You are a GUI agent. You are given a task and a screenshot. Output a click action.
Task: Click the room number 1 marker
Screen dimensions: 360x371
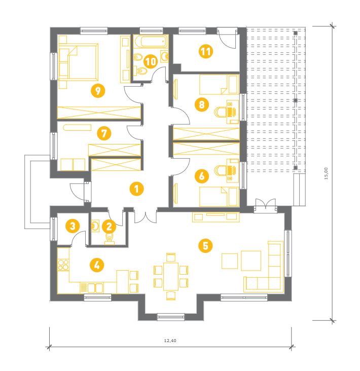(x=136, y=189)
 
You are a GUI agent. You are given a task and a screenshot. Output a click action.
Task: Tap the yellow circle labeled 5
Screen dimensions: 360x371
(x=205, y=246)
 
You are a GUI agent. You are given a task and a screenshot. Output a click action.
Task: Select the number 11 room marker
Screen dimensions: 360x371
(x=206, y=51)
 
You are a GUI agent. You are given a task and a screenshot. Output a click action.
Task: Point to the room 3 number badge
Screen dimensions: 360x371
(x=73, y=226)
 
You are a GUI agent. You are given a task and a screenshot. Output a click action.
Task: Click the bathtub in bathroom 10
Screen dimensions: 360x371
(x=151, y=42)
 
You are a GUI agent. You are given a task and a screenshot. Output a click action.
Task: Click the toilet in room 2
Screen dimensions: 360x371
(x=110, y=239)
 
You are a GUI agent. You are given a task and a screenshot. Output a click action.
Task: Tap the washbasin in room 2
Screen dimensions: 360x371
(x=95, y=226)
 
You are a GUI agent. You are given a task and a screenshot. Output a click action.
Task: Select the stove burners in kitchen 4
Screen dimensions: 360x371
(x=63, y=265)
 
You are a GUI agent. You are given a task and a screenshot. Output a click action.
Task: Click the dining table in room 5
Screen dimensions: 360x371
(x=171, y=276)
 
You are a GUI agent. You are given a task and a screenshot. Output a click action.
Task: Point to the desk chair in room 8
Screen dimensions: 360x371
(x=221, y=112)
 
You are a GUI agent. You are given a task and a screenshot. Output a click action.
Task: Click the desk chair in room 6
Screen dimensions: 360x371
(x=221, y=170)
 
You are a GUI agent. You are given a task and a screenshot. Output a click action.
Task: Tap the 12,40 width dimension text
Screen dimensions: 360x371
(x=170, y=341)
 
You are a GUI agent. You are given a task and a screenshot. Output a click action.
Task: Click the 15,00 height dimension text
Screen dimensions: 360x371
(x=326, y=173)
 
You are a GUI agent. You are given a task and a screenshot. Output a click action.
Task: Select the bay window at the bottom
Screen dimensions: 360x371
(x=171, y=317)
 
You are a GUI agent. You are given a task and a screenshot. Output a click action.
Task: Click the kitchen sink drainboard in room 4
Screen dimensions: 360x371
(x=84, y=288)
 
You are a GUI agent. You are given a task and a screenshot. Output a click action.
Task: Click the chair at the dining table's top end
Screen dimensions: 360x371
(x=171, y=257)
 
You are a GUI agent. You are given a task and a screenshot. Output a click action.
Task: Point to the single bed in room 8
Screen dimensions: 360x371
(x=219, y=85)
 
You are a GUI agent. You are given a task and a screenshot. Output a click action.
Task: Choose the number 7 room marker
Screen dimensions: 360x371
(x=104, y=133)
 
